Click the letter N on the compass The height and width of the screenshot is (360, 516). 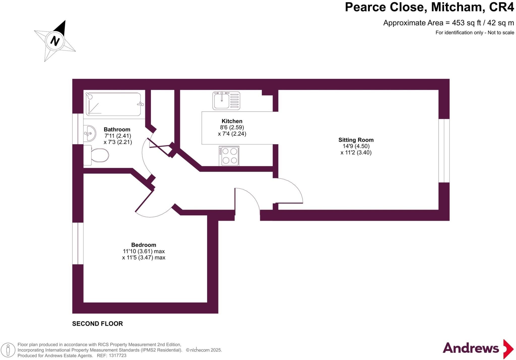(x=55, y=41)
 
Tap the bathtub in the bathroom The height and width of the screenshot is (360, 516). (x=114, y=104)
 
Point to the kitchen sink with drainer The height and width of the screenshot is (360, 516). (x=226, y=101)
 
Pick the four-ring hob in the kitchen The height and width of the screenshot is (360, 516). (x=229, y=156)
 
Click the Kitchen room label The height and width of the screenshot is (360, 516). (x=232, y=121)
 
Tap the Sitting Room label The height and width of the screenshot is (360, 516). (x=356, y=140)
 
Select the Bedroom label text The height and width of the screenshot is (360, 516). (x=144, y=245)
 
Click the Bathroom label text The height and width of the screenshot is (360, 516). (x=117, y=129)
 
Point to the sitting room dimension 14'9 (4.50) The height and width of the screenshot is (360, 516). (x=356, y=146)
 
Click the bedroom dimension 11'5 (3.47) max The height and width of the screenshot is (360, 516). (x=144, y=258)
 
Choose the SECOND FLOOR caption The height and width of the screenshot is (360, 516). (x=98, y=324)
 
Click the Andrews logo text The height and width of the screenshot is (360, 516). (x=471, y=348)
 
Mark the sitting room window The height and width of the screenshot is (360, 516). (x=444, y=151)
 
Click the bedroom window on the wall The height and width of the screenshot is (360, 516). (x=78, y=243)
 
